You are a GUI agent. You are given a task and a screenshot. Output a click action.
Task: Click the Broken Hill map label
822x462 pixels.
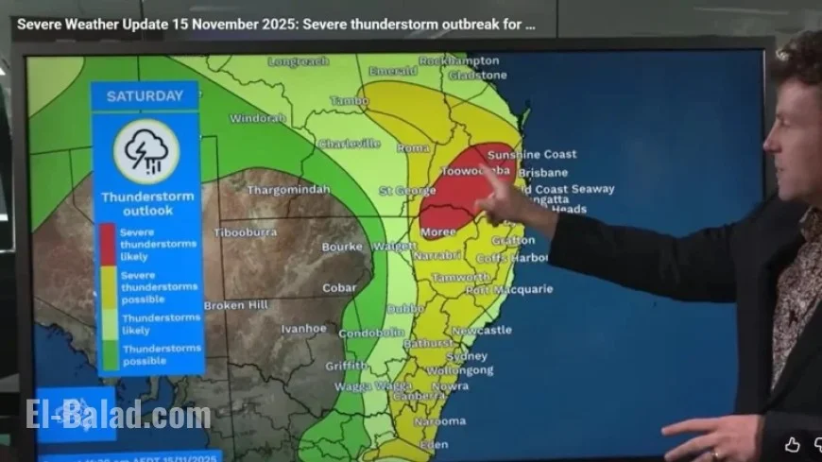236,305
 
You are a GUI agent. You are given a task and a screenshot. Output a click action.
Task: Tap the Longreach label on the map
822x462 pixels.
298,61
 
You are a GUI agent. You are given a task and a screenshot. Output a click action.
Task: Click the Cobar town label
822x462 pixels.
339,288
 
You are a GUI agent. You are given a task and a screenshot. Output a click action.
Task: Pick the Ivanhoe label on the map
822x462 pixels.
303,329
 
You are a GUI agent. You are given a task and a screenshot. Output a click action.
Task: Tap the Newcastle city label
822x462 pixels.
481,330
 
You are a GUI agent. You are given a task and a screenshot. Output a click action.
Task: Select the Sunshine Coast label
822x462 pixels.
532,154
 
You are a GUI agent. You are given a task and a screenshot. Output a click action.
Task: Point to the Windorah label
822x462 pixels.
257,119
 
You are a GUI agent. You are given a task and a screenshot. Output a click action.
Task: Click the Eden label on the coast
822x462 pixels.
434,443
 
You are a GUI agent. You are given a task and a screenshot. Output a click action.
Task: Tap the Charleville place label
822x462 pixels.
349,144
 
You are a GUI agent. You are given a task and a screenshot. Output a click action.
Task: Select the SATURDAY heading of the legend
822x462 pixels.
145,96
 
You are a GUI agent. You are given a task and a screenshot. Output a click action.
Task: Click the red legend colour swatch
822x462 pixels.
108,244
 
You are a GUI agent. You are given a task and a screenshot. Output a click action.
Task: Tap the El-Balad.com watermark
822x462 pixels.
118,415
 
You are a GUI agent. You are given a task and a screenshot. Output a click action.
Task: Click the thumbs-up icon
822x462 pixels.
792,445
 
